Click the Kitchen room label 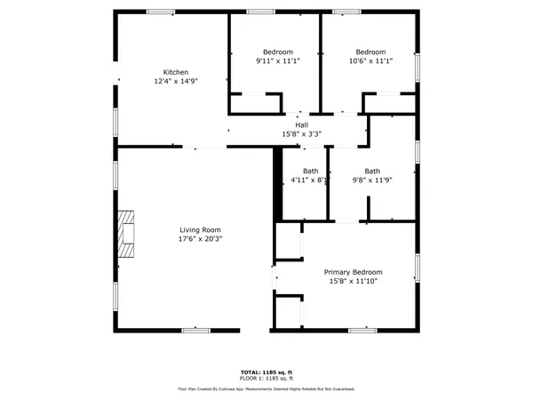point(175,72)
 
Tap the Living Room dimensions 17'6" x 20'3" point(199,238)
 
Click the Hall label point(301,125)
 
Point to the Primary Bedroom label point(353,272)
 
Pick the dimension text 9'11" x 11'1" point(278,61)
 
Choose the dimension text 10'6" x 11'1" point(370,61)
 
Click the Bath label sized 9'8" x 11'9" point(371,171)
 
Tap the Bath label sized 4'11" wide point(310,171)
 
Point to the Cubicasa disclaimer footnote point(266,388)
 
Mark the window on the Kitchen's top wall point(160,12)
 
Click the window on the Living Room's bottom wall point(195,330)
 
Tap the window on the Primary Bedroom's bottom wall point(362,330)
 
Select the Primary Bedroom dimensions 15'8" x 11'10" point(353,282)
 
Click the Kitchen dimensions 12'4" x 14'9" point(175,81)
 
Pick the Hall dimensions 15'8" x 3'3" point(301,134)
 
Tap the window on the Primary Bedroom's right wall point(417,268)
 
